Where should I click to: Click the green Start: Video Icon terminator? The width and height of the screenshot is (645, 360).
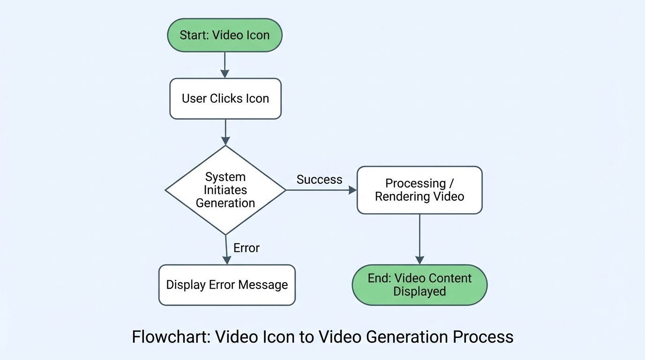225,35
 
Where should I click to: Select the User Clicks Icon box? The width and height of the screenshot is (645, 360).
225,98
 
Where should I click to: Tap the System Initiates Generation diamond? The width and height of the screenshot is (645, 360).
225,190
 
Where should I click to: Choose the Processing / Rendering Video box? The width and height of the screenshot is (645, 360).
420,190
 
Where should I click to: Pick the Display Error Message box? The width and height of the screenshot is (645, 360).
227,285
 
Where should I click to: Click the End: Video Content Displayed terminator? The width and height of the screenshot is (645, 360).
420,285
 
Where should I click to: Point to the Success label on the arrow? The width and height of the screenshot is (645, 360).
319,180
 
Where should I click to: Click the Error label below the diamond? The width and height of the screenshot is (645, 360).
246,248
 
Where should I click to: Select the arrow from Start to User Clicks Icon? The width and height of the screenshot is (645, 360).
225,65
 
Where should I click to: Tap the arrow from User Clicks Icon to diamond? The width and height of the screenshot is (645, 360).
225,132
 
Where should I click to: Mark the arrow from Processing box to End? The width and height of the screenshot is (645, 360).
420,239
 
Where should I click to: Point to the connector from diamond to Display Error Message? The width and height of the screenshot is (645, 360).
226,249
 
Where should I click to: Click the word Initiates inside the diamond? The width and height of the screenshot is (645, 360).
225,190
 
